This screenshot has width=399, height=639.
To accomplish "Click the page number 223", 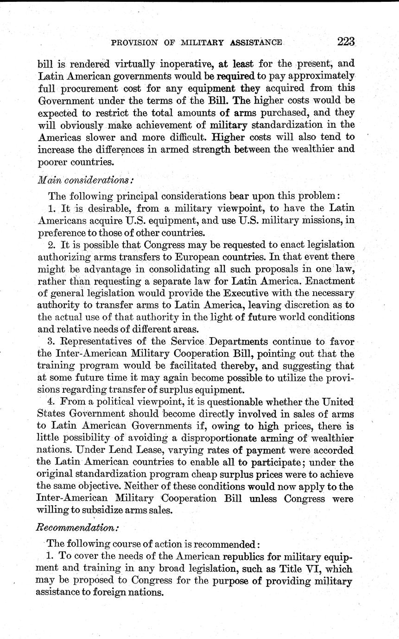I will [346, 42].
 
